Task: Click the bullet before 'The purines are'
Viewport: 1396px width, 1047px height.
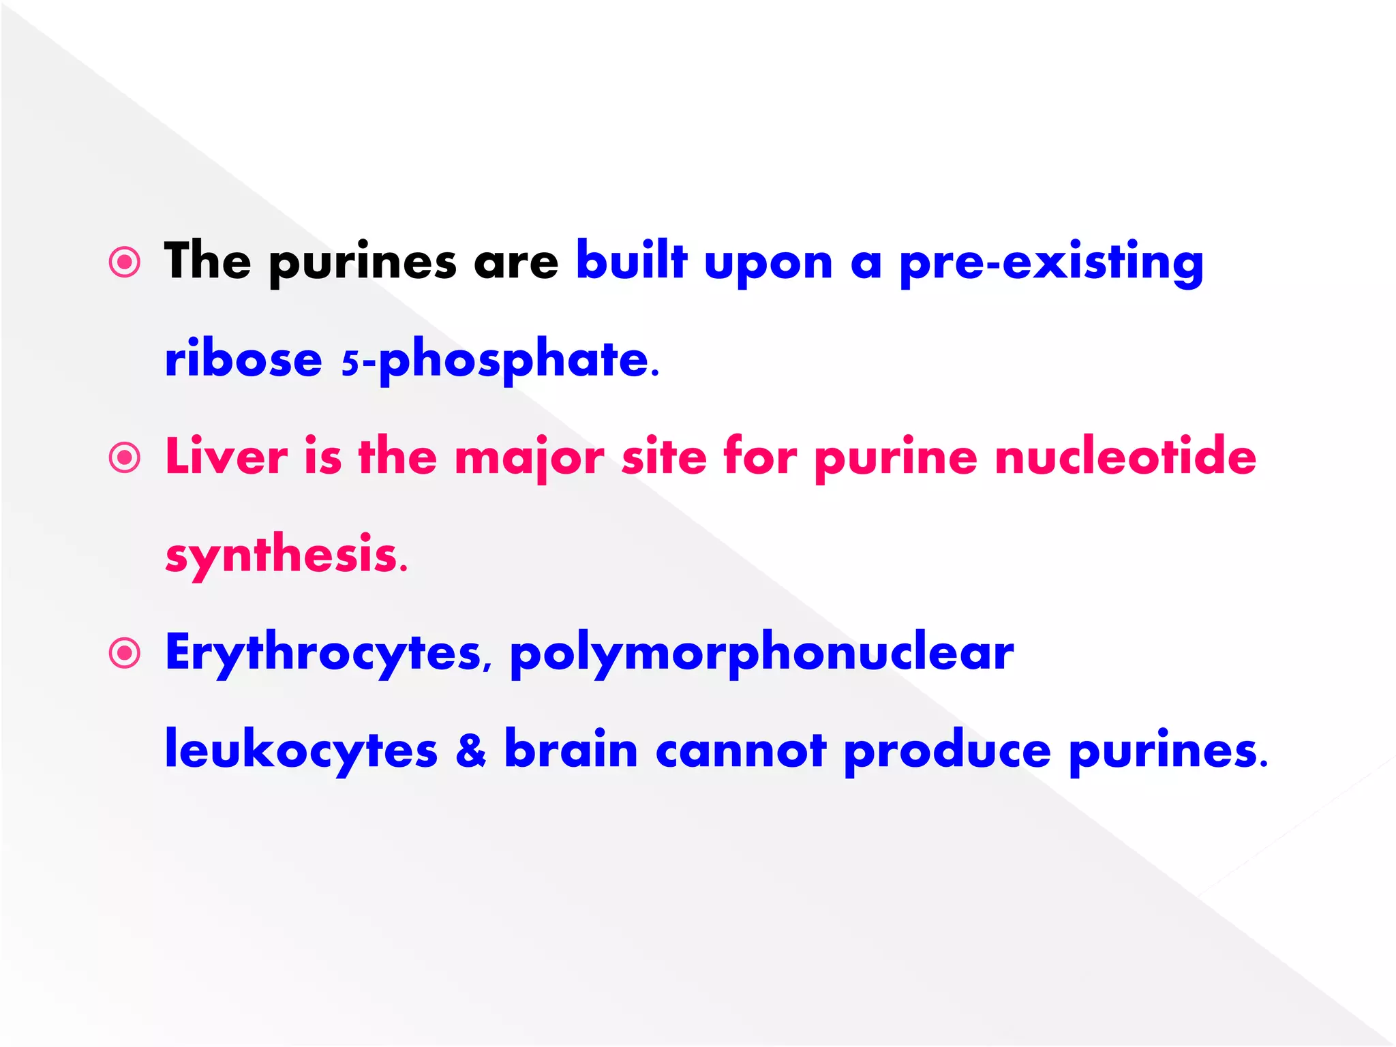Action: [125, 262]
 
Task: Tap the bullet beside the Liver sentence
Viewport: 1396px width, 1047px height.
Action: [125, 458]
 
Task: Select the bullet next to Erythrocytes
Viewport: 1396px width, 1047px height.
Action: [125, 654]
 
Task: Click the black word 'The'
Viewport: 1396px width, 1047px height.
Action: [207, 261]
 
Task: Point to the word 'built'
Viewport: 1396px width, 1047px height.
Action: [631, 261]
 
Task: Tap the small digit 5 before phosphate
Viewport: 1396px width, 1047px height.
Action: [350, 363]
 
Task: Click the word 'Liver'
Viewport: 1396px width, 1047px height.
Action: [226, 457]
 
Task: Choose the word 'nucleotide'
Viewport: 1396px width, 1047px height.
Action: [1125, 457]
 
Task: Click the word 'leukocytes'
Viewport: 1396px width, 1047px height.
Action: [301, 750]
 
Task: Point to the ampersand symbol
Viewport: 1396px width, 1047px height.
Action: [471, 750]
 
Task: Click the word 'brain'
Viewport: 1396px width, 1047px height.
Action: [571, 749]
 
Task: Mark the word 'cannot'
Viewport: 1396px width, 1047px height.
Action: [741, 750]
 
